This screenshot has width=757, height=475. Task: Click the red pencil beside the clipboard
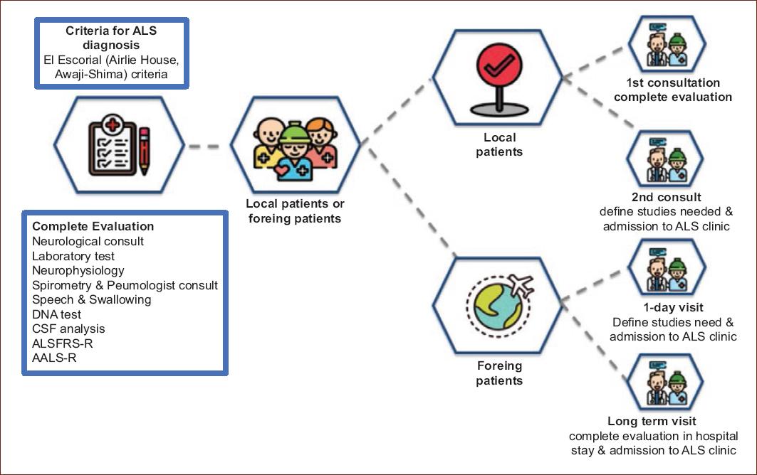point(145,150)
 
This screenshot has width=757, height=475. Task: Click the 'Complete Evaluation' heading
point(93,226)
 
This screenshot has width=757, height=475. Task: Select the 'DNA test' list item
point(56,314)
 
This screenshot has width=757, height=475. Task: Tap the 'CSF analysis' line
point(68,329)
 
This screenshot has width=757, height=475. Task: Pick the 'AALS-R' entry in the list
point(54,358)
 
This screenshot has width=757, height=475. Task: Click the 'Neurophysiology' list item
point(78,270)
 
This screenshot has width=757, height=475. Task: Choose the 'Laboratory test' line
point(73,256)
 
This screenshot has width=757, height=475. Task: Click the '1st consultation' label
point(673,83)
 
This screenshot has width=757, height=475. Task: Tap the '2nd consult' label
point(666,197)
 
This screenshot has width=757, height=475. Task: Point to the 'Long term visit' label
point(652,421)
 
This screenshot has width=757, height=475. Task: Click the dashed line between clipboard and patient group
point(204,146)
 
